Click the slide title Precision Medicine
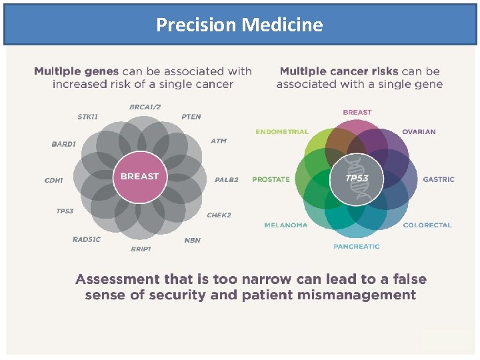(239, 25)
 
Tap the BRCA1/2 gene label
(145, 107)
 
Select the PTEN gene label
(191, 117)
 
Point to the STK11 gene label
(87, 117)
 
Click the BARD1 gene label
(63, 143)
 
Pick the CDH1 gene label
(54, 180)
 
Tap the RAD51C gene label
(87, 239)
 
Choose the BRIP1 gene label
(141, 249)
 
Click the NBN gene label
(192, 240)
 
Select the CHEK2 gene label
(219, 215)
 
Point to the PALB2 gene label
(226, 180)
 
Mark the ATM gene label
(219, 141)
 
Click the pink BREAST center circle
(139, 177)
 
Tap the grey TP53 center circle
(357, 179)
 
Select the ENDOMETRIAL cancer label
(282, 132)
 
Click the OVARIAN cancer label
(419, 132)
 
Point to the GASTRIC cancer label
(439, 179)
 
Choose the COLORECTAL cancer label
(427, 225)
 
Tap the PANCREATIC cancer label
(357, 247)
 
